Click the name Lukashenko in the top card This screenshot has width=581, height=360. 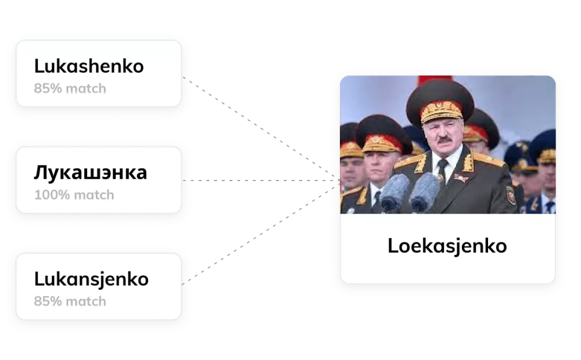[x=89, y=66]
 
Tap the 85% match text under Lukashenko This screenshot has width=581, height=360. [x=70, y=89]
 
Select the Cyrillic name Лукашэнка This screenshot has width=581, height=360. [x=90, y=172]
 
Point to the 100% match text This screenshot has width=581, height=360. [x=74, y=195]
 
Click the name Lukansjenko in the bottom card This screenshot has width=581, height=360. [x=91, y=279]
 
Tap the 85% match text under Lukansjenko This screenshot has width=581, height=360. [x=70, y=301]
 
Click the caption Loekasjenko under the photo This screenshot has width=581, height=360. [x=447, y=246]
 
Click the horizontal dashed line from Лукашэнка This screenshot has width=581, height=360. [x=261, y=179]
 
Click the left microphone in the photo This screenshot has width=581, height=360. [x=395, y=192]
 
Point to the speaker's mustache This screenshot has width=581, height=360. [x=443, y=139]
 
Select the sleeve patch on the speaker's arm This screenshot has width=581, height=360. [x=511, y=195]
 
